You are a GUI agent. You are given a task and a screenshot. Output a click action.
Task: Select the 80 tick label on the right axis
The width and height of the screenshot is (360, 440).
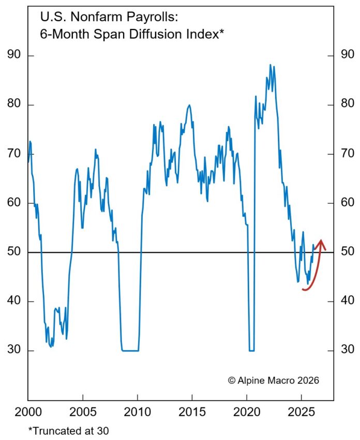pos(345,105)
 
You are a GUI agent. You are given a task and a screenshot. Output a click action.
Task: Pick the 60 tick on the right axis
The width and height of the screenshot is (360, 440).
pos(345,203)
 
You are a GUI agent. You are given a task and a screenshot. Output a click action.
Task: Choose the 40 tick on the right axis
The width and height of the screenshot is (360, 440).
pos(345,301)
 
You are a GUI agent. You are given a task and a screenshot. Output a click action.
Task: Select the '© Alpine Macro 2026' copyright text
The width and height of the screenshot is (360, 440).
pos(274,380)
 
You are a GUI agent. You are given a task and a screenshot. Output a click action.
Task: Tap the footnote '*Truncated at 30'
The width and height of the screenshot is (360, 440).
pos(62,430)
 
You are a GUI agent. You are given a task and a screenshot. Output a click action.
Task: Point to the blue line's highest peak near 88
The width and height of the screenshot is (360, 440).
pos(270,65)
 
